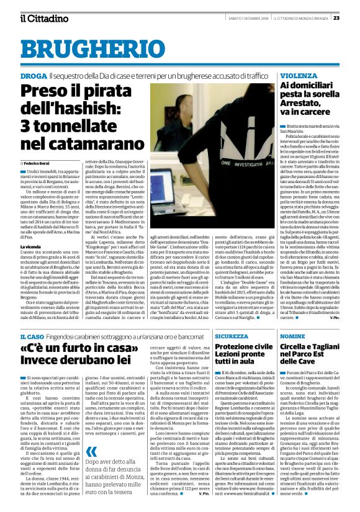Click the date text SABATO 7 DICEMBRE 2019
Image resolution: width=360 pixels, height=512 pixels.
click(248, 18)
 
